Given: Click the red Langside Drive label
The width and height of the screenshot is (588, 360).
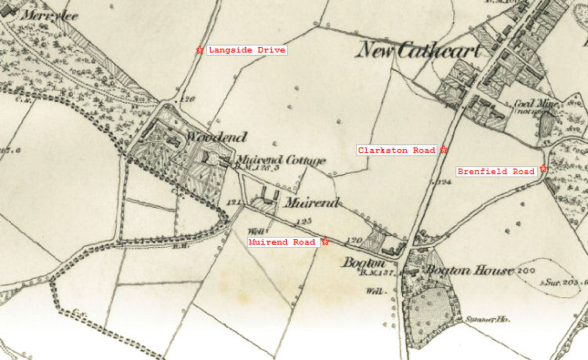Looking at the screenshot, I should pyautogui.click(x=246, y=50).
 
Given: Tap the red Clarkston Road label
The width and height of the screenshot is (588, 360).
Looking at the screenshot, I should pyautogui.click(x=397, y=150).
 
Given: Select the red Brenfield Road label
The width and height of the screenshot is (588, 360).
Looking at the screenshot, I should pyautogui.click(x=496, y=171).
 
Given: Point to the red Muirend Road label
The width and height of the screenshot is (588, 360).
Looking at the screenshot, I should pyautogui.click(x=282, y=242).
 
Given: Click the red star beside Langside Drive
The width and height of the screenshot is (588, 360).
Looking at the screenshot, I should pyautogui.click(x=200, y=50).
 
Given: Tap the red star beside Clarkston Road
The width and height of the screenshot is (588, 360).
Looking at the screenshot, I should pyautogui.click(x=444, y=150).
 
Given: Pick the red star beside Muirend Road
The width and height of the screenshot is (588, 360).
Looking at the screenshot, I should pyautogui.click(x=325, y=242).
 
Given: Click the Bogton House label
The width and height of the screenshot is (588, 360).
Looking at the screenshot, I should pyautogui.click(x=469, y=271).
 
